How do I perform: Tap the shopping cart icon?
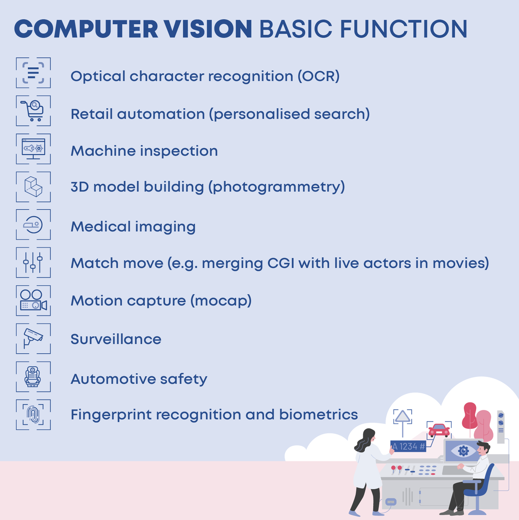(x=33, y=111)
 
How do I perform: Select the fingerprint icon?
(x=33, y=415)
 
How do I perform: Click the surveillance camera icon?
(x=33, y=338)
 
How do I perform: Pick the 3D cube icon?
(x=33, y=187)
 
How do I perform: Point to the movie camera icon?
(x=33, y=300)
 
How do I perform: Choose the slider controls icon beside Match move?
(x=33, y=263)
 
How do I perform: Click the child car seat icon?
(x=33, y=376)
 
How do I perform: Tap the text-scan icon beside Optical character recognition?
(x=33, y=73)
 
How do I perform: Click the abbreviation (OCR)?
(x=318, y=76)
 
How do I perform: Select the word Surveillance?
(x=116, y=339)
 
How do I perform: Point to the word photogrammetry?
(x=276, y=187)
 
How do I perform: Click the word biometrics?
(x=318, y=415)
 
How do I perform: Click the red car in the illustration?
(x=439, y=430)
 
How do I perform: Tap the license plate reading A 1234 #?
(x=408, y=446)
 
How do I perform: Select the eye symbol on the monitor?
(x=463, y=451)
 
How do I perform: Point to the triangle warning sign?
(x=403, y=416)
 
